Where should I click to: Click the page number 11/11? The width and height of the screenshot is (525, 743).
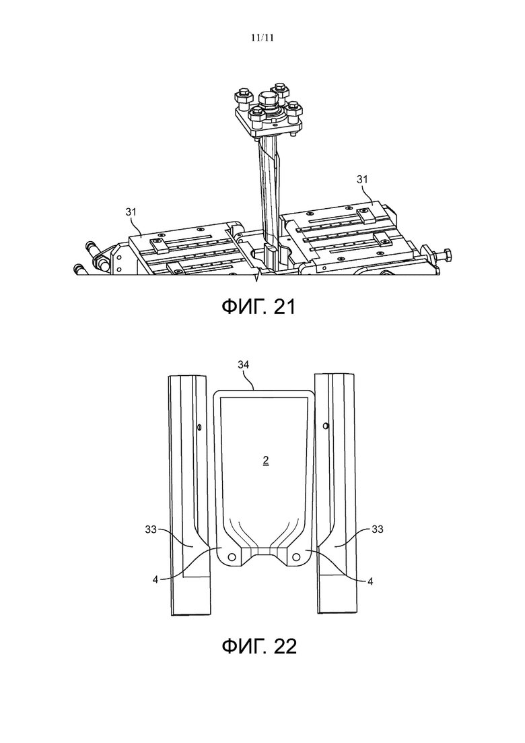262,38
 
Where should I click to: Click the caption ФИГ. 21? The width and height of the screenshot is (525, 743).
258,307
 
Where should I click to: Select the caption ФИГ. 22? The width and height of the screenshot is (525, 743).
259,646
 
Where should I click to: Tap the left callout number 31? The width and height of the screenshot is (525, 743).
131,212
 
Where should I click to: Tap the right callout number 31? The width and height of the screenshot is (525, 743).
361,179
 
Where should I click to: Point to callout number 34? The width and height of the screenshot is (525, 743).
244,365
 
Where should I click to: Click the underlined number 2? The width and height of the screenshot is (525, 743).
266,460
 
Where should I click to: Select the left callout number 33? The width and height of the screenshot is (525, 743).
151,529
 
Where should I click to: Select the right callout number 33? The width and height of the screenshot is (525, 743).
378,529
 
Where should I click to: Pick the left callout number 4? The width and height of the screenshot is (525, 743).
155,579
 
